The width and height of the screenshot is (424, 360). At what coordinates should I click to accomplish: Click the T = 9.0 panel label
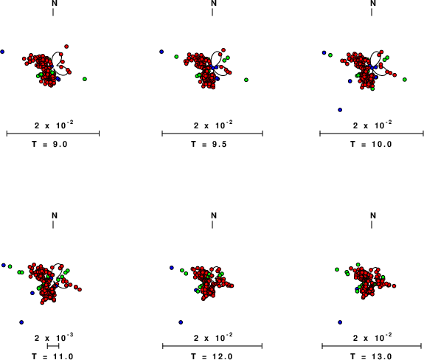coord(49,144)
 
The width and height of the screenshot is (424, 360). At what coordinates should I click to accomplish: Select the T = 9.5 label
coord(209,144)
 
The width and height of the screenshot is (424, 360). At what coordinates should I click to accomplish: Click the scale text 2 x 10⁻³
coord(54,337)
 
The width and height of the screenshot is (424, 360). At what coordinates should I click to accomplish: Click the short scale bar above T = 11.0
coord(53,346)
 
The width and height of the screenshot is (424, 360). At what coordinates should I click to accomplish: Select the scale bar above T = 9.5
coord(212,134)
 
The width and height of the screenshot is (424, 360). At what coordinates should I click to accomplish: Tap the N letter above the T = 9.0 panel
coord(55,3)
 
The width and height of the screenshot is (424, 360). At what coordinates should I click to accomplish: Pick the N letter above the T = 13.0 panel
coord(373,215)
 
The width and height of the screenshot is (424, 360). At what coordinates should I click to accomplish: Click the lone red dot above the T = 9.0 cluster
coord(66,46)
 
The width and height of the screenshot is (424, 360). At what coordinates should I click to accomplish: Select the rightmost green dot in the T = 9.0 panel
coord(85,79)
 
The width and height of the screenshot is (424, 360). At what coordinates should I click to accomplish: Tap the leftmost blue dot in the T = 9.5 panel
coord(161,52)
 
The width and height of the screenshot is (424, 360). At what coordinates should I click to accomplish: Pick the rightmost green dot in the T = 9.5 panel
coord(246,80)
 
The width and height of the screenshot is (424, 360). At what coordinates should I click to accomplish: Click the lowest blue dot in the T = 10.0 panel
coord(340,110)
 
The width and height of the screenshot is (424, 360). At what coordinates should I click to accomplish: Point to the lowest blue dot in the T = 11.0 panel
coord(21,322)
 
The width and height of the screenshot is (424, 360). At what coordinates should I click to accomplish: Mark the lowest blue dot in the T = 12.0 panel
coord(181,322)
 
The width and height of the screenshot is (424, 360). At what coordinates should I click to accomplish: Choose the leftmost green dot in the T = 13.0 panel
coord(337,269)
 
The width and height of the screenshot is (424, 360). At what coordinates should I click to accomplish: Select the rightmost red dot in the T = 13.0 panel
coord(394,286)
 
